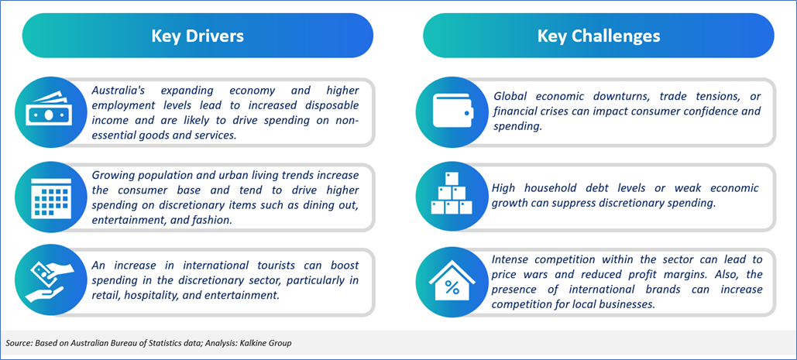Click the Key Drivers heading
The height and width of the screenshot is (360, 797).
click(198, 36)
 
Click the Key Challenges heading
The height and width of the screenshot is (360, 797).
click(599, 36)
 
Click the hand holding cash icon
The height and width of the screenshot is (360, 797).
click(46, 281)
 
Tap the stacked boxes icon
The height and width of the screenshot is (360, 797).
click(450, 194)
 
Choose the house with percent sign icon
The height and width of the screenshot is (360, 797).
click(452, 281)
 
